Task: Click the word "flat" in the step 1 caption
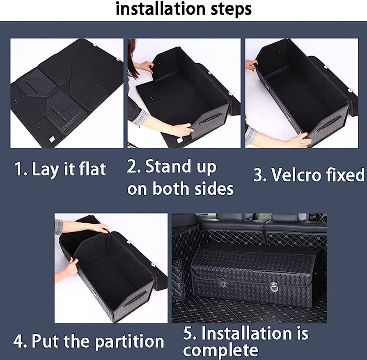click(92, 169)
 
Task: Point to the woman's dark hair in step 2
click(132, 58)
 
